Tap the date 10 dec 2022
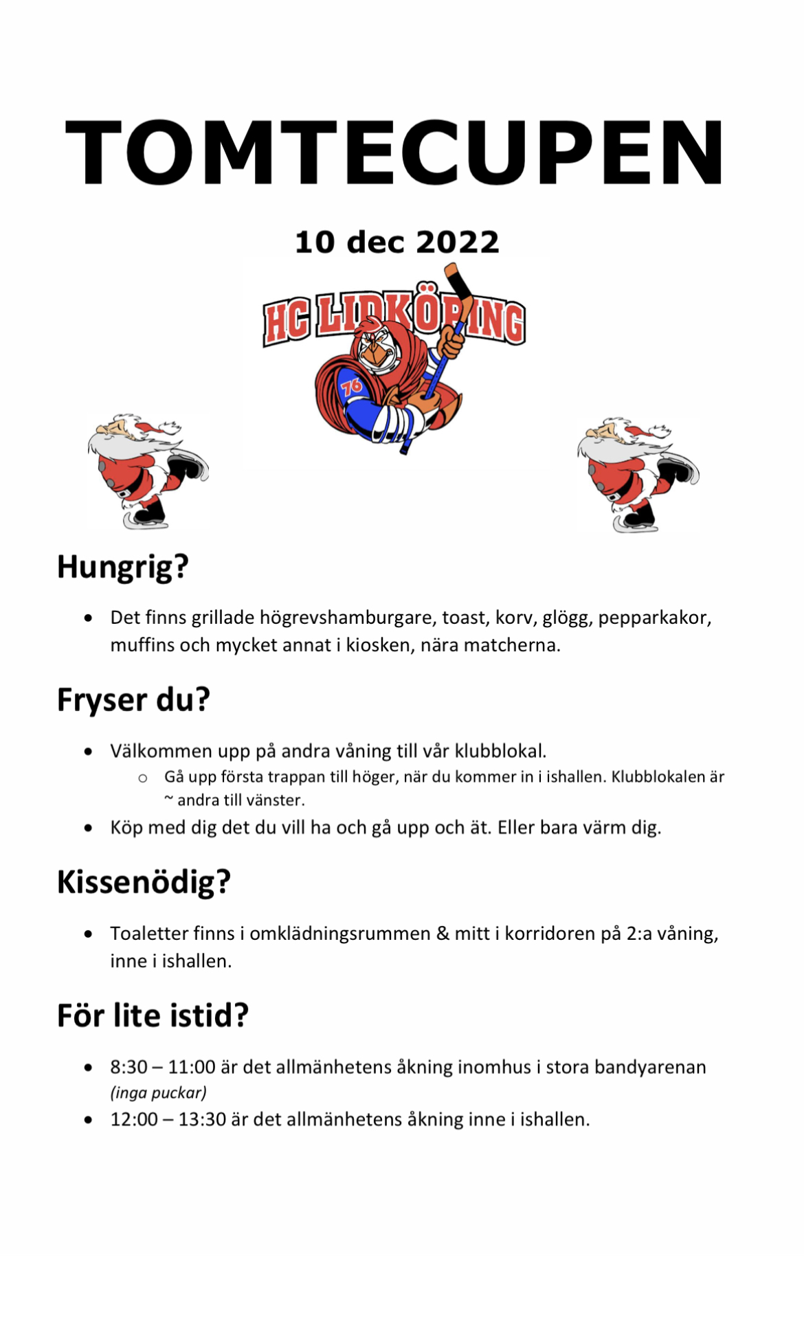click(x=397, y=242)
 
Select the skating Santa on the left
click(x=148, y=471)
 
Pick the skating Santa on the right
click(x=638, y=474)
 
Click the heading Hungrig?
click(x=122, y=567)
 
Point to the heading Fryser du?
click(x=133, y=700)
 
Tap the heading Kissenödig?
click(x=144, y=882)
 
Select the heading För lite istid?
click(x=153, y=1015)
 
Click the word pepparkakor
click(x=654, y=618)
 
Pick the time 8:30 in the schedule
click(x=129, y=1067)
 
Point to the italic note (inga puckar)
click(x=158, y=1092)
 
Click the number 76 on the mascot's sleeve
click(x=351, y=387)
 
